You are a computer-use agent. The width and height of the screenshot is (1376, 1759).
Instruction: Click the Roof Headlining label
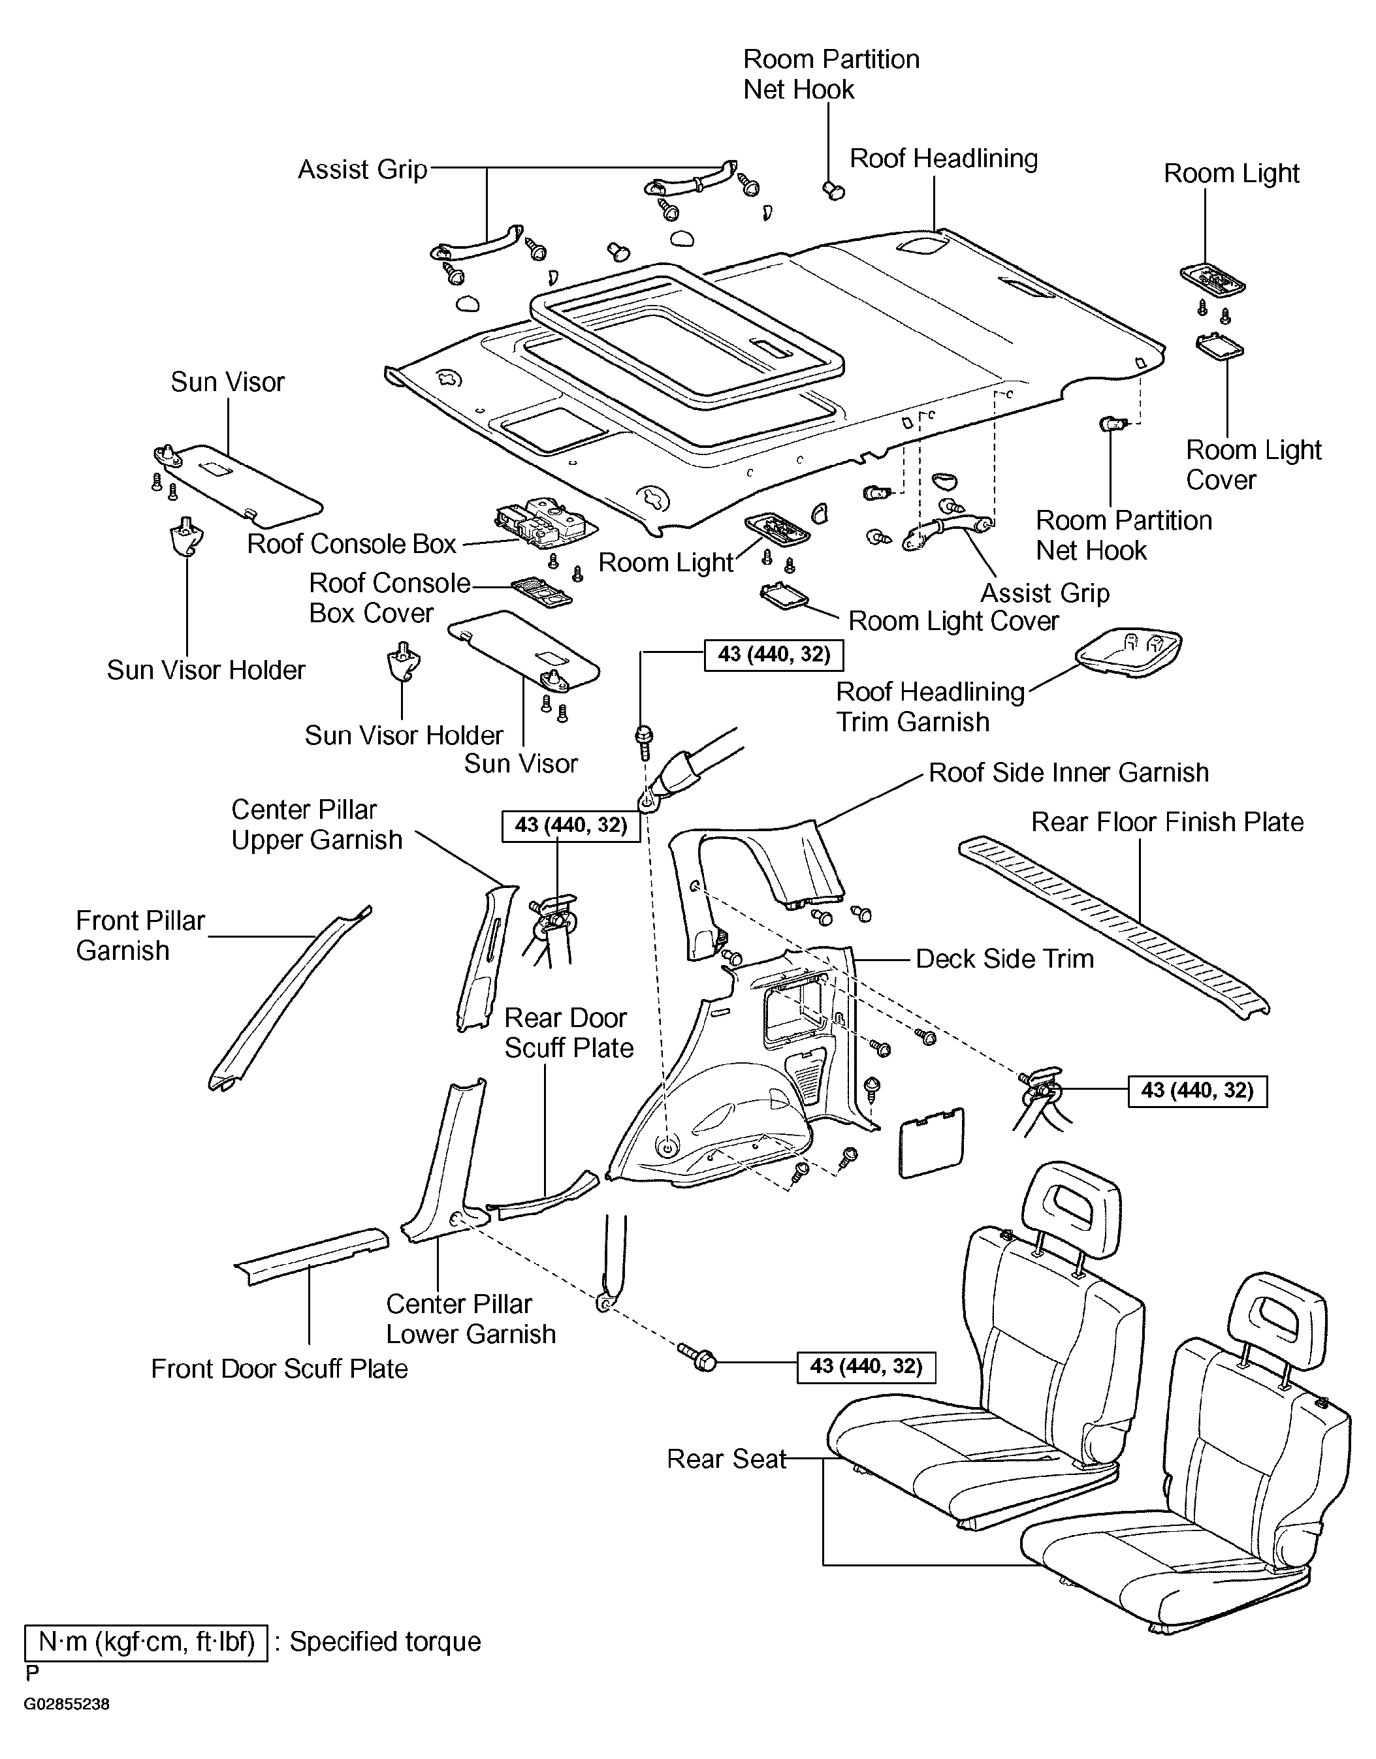point(944,159)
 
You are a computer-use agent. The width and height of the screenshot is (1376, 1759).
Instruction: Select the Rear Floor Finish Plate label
point(1167,822)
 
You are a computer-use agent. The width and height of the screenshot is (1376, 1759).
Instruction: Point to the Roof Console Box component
point(545,521)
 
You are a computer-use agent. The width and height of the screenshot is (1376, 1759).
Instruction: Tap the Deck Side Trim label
point(1004,959)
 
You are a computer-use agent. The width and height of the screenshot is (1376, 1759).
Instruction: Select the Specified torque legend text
point(385,1642)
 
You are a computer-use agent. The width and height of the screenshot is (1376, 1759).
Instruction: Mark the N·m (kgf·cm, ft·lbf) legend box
point(146,1643)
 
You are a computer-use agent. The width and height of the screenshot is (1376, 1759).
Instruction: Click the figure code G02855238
point(66,1705)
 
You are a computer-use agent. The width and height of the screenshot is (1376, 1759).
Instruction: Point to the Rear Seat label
point(726,1459)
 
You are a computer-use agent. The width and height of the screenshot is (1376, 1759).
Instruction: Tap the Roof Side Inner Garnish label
point(1068,773)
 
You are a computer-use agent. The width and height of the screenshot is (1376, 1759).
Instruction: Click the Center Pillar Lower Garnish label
point(470,1318)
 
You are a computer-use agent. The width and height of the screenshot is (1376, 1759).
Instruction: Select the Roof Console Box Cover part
point(541,590)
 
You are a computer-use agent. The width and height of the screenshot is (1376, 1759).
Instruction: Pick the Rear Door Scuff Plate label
point(569,1032)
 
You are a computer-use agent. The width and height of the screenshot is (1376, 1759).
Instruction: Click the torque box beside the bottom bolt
point(866,1367)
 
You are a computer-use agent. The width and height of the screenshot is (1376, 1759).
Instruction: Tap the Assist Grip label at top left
point(362,170)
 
